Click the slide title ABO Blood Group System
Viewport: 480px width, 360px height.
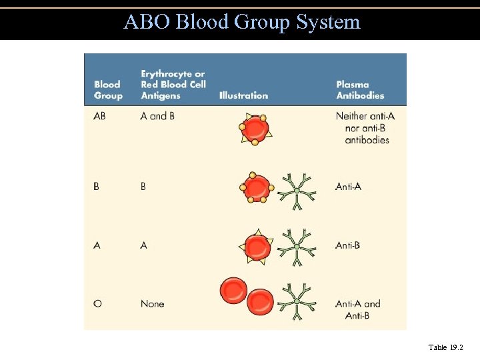[241, 22]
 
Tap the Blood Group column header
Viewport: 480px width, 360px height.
[108, 90]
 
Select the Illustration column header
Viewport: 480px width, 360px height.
[243, 95]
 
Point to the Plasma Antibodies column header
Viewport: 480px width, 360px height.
[360, 90]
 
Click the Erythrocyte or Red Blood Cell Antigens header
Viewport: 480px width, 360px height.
[173, 85]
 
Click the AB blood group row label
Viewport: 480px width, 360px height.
[101, 116]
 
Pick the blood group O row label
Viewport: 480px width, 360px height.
[98, 303]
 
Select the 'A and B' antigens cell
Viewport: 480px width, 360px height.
[157, 116]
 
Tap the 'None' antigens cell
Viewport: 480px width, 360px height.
[152, 303]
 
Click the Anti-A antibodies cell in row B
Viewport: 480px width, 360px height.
[348, 187]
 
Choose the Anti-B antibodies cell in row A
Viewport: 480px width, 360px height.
[348, 245]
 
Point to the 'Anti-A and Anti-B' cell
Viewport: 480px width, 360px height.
[358, 309]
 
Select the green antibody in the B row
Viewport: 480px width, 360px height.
[297, 191]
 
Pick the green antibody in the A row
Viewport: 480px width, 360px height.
[297, 247]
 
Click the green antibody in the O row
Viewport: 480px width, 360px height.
[297, 303]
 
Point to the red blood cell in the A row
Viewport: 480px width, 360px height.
[256, 247]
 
